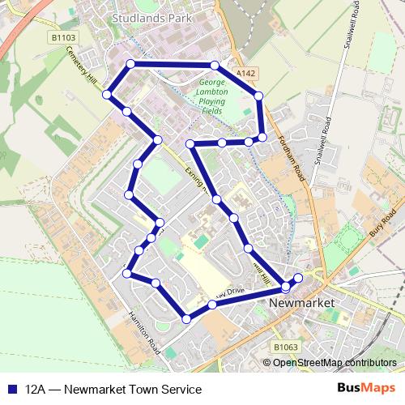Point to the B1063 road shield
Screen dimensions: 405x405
[284, 347]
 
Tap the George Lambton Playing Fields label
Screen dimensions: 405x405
[211, 94]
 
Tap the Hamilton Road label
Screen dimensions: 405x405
[144, 333]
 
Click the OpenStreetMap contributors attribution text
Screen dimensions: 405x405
[335, 362]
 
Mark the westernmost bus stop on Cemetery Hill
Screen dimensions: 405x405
[106, 96]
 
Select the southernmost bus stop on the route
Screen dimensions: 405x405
[186, 319]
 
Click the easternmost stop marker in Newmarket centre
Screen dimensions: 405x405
[298, 278]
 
